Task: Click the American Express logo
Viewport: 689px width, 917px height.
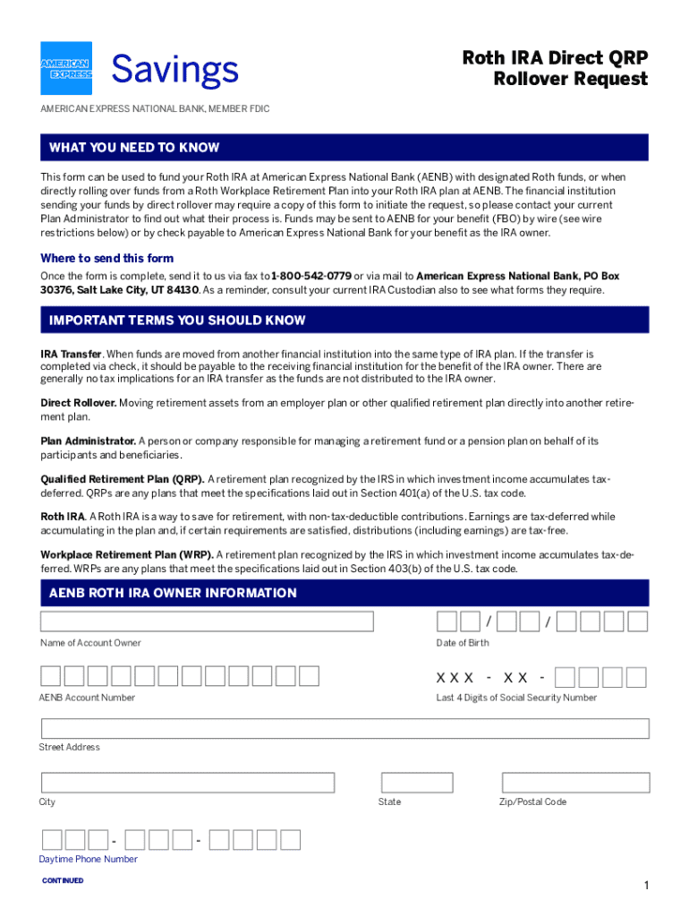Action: click(x=66, y=69)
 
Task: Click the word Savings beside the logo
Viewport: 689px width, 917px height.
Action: click(x=174, y=70)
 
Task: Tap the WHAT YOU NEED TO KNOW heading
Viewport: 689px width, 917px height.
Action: click(x=134, y=148)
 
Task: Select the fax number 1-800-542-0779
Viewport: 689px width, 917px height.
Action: click(x=310, y=276)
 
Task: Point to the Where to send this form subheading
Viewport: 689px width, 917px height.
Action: click(x=107, y=259)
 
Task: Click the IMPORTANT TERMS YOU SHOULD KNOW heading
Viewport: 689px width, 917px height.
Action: click(x=177, y=321)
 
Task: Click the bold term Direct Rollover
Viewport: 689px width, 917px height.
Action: click(x=79, y=403)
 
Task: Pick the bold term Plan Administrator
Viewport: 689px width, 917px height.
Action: click(x=89, y=441)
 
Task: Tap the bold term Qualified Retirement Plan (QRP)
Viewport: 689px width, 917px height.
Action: click(x=123, y=479)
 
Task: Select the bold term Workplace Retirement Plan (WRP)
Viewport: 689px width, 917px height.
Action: click(x=126, y=555)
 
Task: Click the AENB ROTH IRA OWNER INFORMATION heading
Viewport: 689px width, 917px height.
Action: click(x=173, y=593)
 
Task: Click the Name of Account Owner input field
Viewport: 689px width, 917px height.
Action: click(x=207, y=621)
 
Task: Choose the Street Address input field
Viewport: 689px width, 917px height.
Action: click(x=344, y=728)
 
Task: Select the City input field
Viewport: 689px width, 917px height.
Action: click(x=187, y=783)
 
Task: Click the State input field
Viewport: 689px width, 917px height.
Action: click(x=417, y=783)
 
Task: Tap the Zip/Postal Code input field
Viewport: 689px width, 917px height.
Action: click(x=574, y=783)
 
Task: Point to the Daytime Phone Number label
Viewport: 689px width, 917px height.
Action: click(x=88, y=859)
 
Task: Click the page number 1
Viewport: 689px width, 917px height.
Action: click(x=645, y=886)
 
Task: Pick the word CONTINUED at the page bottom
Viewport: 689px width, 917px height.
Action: click(x=63, y=880)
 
